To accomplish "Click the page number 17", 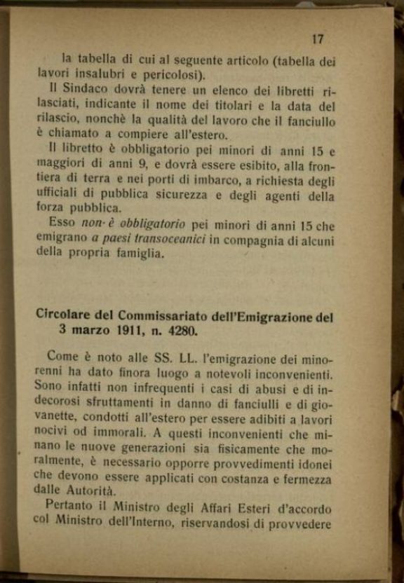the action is (317, 40).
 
